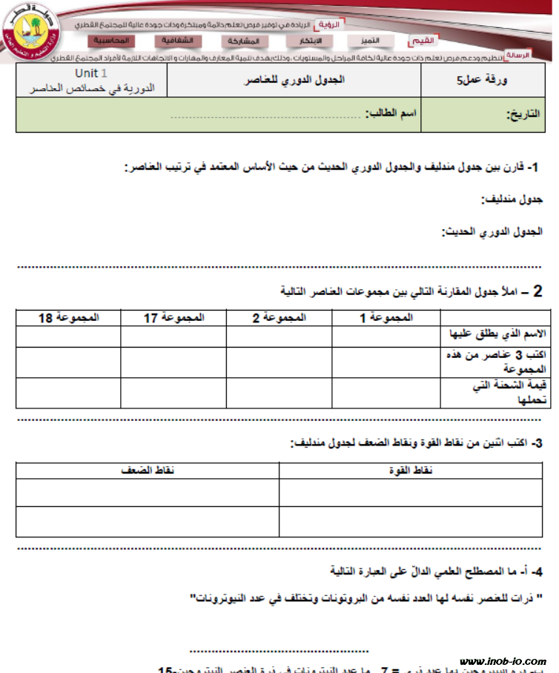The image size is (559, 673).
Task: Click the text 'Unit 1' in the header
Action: (x=91, y=73)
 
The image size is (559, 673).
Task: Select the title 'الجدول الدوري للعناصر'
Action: (x=295, y=80)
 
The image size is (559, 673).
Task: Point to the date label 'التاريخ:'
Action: (x=523, y=115)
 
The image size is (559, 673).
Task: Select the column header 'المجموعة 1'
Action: (x=386, y=317)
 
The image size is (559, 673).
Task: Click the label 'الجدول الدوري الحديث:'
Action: (x=492, y=232)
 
